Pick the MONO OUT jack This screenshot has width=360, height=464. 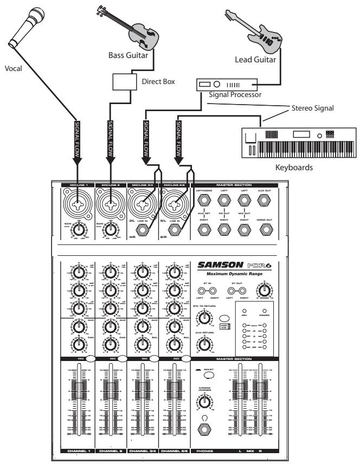point(264,230)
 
